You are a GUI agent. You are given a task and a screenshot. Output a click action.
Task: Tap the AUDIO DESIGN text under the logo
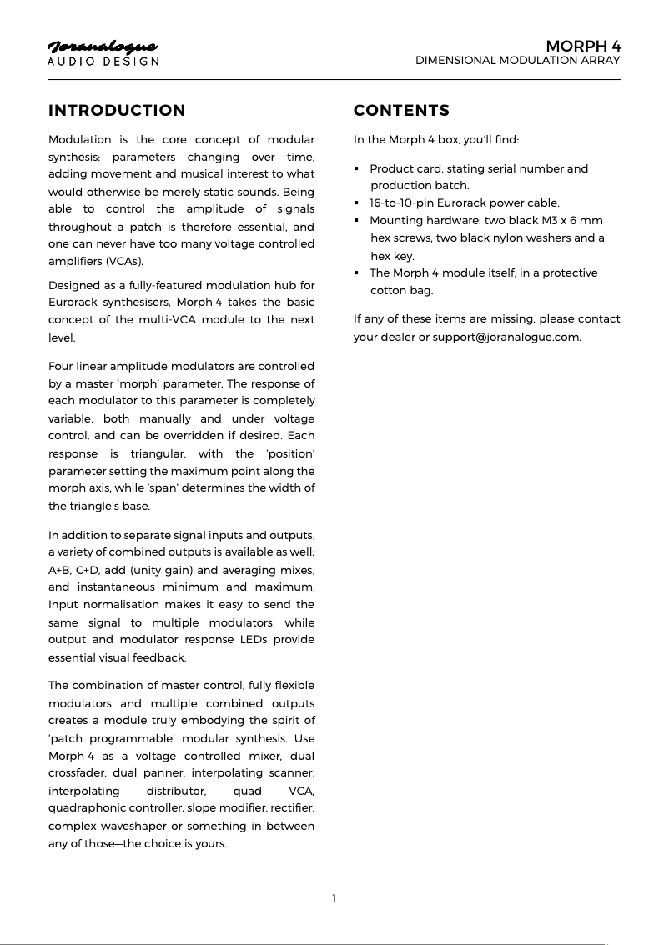click(x=103, y=62)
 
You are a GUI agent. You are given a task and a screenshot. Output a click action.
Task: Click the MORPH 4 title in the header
click(x=583, y=45)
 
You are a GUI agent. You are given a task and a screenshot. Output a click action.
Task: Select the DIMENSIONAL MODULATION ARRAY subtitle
click(x=517, y=61)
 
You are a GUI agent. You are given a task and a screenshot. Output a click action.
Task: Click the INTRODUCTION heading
click(x=117, y=111)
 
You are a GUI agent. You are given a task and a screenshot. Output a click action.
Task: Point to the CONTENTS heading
click(x=401, y=111)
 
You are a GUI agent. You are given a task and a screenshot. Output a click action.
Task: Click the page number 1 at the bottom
click(x=334, y=898)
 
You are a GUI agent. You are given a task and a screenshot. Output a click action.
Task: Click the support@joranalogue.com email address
click(x=506, y=337)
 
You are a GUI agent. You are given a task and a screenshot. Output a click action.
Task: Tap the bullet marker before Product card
click(x=357, y=169)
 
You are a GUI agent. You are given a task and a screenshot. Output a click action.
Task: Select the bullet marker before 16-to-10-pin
click(x=357, y=203)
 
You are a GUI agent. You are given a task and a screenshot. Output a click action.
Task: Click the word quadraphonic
click(x=88, y=808)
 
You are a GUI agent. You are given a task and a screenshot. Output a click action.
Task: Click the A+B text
click(x=60, y=570)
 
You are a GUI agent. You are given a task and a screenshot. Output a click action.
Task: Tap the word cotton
click(x=389, y=291)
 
